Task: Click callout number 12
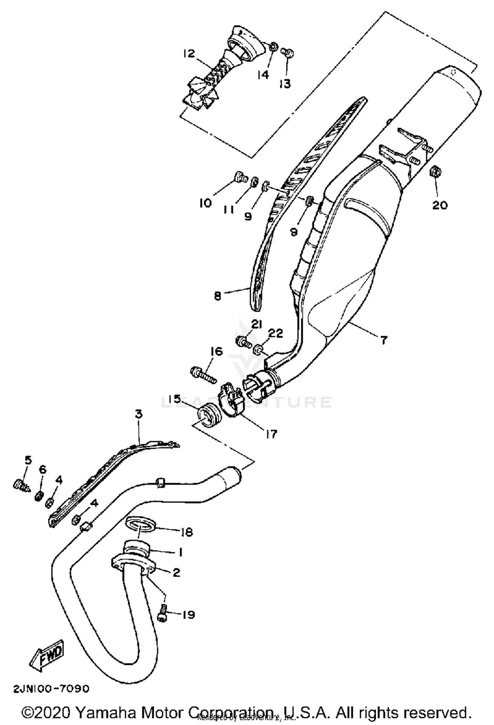pyautogui.click(x=189, y=54)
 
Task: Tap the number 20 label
pyautogui.click(x=440, y=205)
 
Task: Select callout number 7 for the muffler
pyautogui.click(x=384, y=340)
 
